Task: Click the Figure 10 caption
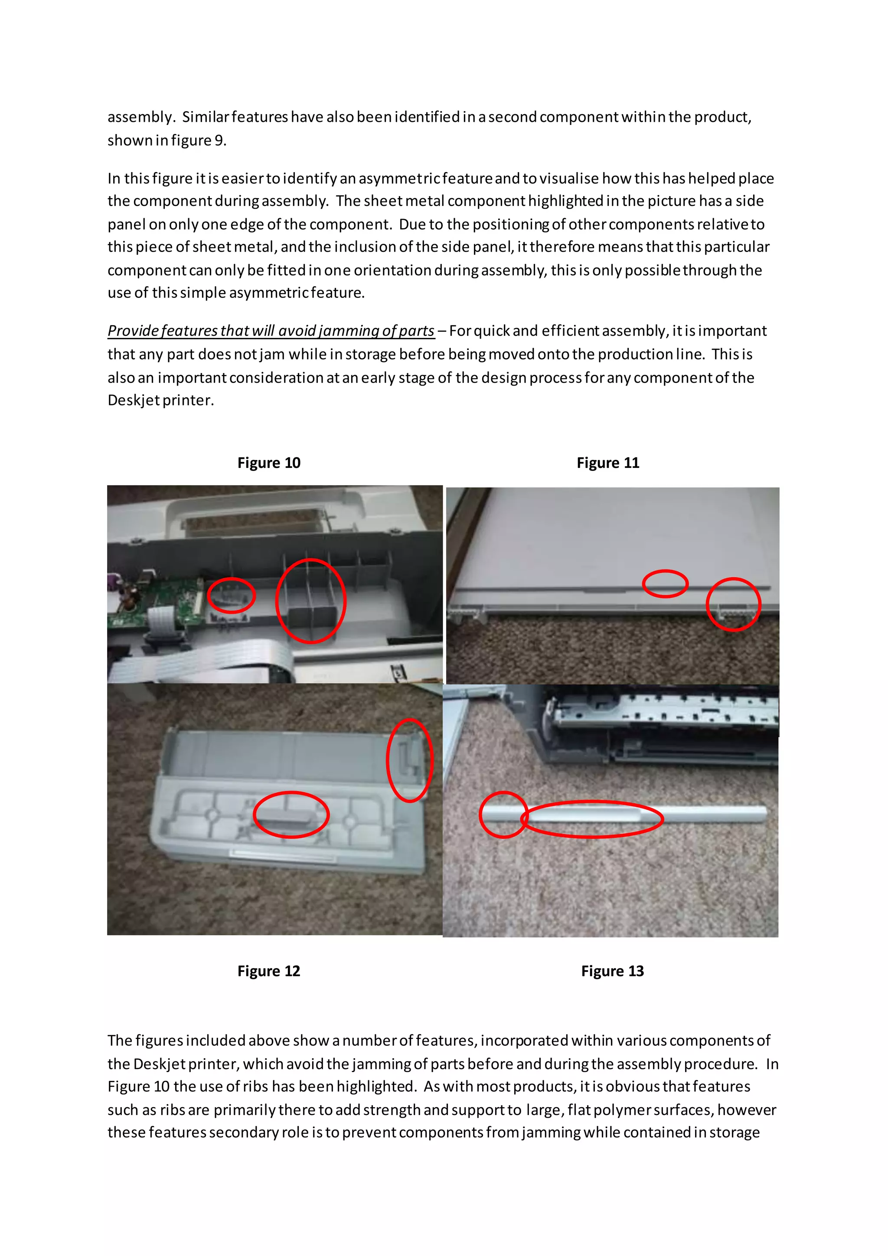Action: (268, 463)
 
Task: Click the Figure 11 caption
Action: (607, 463)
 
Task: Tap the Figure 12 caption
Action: (268, 971)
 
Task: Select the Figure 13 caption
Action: (612, 971)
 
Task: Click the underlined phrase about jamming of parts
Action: (271, 331)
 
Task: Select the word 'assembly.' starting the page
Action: (140, 117)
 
